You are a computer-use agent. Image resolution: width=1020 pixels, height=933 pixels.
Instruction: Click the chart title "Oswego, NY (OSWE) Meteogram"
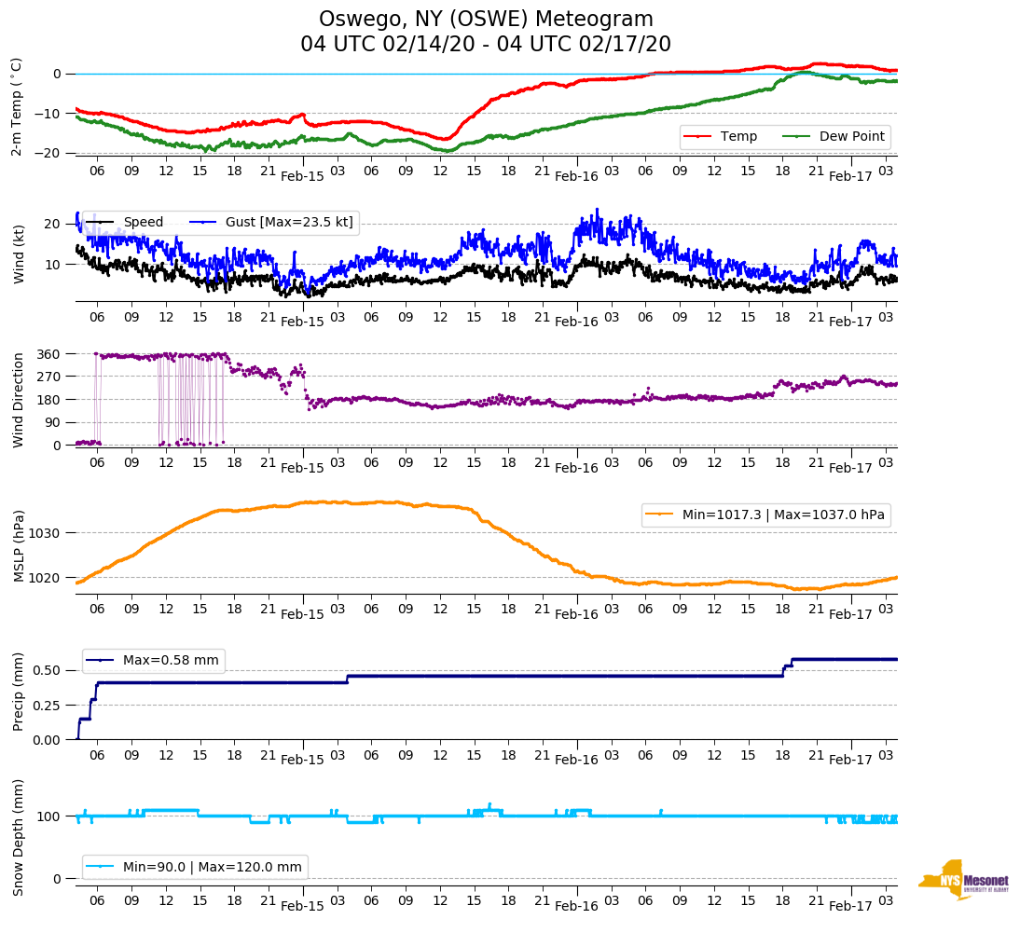coord(486,20)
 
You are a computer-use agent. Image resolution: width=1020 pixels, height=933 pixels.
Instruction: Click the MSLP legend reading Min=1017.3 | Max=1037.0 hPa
coord(765,514)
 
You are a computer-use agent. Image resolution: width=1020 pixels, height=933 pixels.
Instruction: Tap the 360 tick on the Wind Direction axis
coord(48,354)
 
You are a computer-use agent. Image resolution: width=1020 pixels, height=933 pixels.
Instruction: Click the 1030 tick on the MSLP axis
coord(48,533)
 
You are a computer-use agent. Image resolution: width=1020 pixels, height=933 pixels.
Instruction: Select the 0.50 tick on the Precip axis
coord(46,670)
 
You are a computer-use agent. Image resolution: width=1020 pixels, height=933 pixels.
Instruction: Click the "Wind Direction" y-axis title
coord(18,400)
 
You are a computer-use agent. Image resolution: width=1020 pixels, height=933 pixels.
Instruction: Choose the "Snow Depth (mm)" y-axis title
coord(18,837)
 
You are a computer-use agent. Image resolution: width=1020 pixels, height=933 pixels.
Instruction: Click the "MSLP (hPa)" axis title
coord(18,546)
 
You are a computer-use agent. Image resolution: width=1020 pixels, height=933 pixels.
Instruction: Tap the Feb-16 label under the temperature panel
coord(576,176)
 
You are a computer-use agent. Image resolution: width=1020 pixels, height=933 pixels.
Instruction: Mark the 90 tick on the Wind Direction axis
coord(52,422)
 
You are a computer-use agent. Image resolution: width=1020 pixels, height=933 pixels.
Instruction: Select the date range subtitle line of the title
coord(486,45)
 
